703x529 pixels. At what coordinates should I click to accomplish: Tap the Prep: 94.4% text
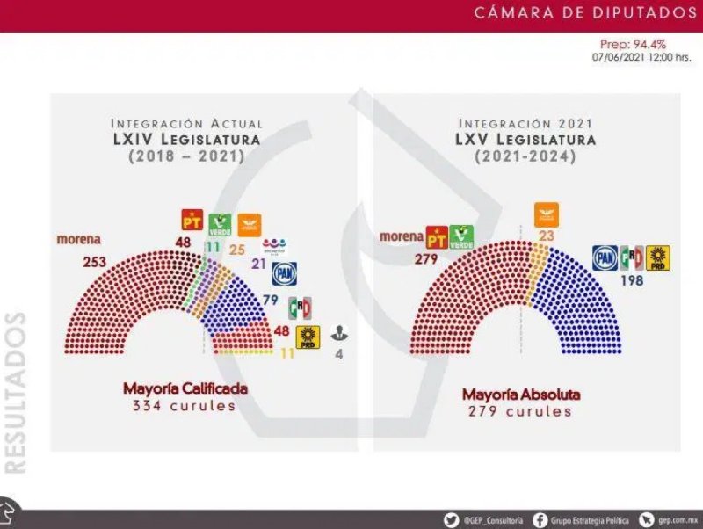click(x=633, y=44)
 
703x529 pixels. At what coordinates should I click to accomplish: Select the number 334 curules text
click(x=185, y=406)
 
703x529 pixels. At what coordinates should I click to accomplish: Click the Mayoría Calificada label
click(x=185, y=388)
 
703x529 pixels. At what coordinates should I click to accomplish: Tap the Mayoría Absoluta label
click(x=521, y=395)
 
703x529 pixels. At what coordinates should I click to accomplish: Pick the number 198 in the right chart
click(x=632, y=281)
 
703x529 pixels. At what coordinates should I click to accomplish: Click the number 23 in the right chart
click(x=546, y=235)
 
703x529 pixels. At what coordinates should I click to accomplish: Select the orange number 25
click(x=237, y=250)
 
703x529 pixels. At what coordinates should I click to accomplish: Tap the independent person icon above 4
click(x=338, y=334)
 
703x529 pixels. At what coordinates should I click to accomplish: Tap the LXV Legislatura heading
click(x=525, y=140)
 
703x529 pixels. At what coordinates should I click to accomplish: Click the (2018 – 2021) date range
click(x=185, y=156)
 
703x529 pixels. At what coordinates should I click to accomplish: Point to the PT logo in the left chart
click(x=192, y=220)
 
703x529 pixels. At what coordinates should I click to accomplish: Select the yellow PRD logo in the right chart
click(x=658, y=257)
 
